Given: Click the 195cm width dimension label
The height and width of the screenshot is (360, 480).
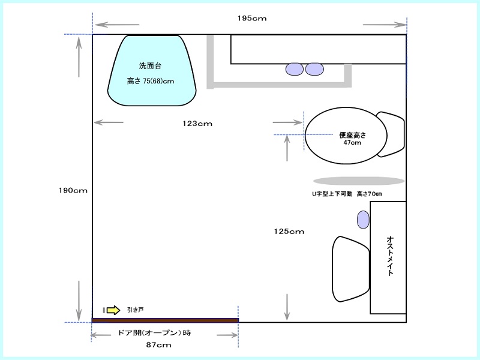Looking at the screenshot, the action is (x=252, y=19).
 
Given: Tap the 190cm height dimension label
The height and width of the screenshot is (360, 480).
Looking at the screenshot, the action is (x=73, y=190).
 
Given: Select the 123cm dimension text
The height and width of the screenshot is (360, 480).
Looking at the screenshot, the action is (x=197, y=124).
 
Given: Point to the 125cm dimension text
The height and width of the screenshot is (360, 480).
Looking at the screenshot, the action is (x=289, y=232).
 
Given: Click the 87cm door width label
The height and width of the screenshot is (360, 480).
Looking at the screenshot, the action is (x=158, y=345).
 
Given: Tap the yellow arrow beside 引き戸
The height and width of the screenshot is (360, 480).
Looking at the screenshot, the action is (x=113, y=310).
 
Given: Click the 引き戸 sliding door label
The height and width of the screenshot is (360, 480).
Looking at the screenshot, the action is (x=136, y=310).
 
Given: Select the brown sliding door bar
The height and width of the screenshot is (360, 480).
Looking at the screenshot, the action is (x=166, y=320).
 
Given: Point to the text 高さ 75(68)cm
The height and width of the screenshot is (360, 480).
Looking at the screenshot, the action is (x=151, y=81).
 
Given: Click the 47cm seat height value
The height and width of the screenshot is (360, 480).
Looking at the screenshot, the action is (x=352, y=142).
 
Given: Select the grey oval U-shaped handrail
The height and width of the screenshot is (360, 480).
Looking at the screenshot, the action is (x=359, y=181).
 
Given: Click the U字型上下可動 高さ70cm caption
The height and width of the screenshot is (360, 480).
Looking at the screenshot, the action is (x=347, y=194).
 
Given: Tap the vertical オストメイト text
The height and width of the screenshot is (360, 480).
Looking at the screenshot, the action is (x=390, y=256).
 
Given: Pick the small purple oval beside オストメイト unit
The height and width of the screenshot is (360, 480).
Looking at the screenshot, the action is (x=364, y=220).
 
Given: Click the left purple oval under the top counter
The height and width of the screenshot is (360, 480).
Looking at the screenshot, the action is (x=295, y=69).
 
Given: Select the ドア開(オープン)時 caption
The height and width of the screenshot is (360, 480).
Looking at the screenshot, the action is (x=154, y=333).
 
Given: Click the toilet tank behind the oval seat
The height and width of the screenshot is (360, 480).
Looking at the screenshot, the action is (x=391, y=134).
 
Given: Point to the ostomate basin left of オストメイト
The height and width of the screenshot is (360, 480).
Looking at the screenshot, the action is (x=351, y=269).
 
